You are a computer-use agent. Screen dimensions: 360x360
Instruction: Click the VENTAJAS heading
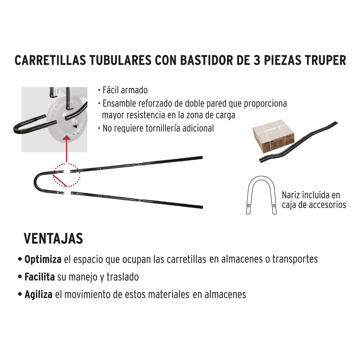53,239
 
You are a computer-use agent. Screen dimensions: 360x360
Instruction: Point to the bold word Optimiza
43,259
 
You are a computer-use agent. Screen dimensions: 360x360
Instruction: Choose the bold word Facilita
40,277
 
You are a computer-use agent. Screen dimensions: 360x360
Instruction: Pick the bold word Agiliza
38,295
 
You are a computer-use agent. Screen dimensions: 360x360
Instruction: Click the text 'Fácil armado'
125,90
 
